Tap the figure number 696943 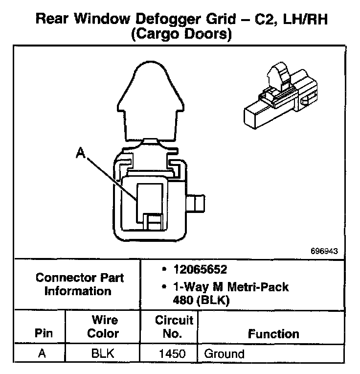click(324, 251)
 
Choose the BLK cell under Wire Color click(103, 353)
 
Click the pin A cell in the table click(42, 353)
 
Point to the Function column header click(273, 334)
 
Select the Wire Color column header click(103, 327)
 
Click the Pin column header click(42, 334)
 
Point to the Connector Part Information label click(79, 284)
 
